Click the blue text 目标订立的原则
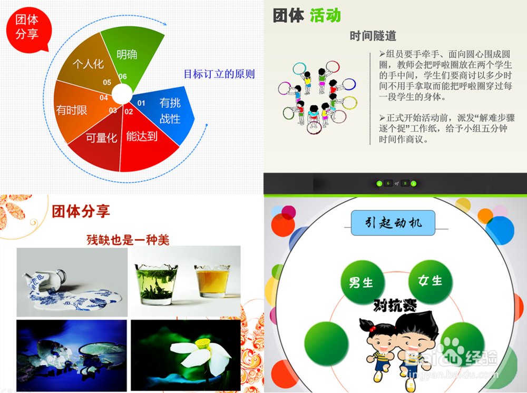pos(219,74)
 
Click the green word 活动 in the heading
pos(325,16)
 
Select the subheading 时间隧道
pos(373,36)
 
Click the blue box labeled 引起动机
pos(394,223)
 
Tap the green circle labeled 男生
pos(361,282)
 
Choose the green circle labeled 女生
pos(430,281)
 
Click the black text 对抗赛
pos(395,305)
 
